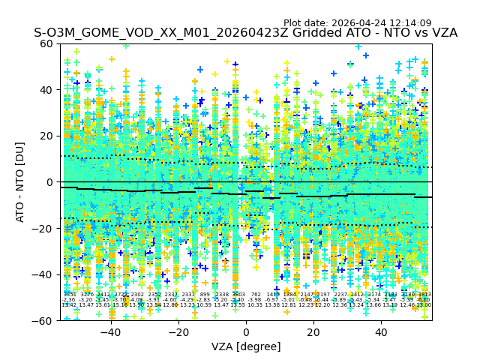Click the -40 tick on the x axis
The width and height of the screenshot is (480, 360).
pyautogui.click(x=110, y=321)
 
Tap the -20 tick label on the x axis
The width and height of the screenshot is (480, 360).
pyautogui.click(x=178, y=332)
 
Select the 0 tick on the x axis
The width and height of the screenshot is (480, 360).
pyautogui.click(x=246, y=321)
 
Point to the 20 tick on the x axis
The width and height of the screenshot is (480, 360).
pyautogui.click(x=313, y=321)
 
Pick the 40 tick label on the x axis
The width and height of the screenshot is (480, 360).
pyautogui.click(x=381, y=332)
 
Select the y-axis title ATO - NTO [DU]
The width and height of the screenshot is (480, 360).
pyautogui.click(x=21, y=182)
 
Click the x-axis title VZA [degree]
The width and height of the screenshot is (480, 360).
pyautogui.click(x=246, y=346)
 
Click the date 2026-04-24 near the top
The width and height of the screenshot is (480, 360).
pyautogui.click(x=373, y=23)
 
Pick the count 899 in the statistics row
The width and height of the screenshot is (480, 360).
pyautogui.click(x=205, y=295)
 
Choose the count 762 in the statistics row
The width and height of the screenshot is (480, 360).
pyautogui.click(x=256, y=295)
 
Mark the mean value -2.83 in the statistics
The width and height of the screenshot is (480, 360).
pyautogui.click(x=205, y=300)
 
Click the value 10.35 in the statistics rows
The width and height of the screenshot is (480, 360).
pyautogui.click(x=256, y=305)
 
